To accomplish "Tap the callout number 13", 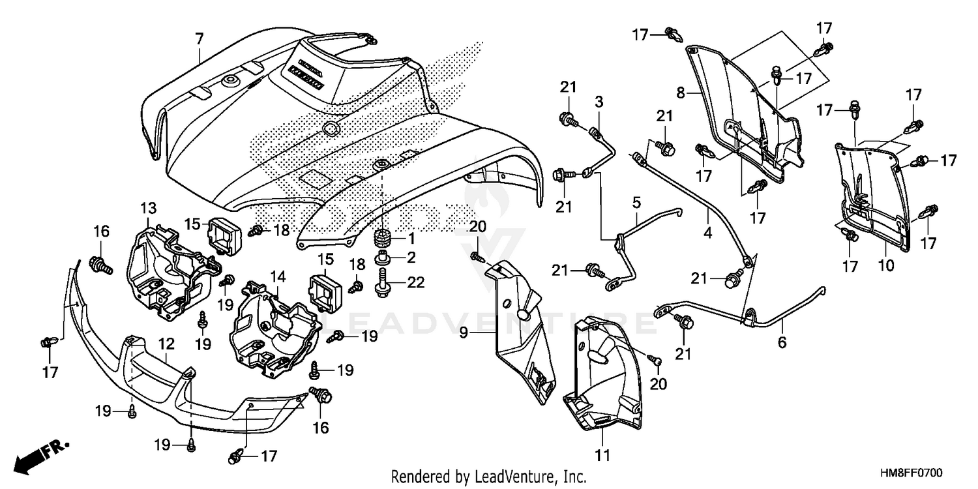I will tap(148, 209).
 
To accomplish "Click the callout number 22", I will tap(416, 282).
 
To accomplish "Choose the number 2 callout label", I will tap(411, 258).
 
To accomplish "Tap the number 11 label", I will tap(603, 454).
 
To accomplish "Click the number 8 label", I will tap(681, 93).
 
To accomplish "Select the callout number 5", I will tap(636, 203).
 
